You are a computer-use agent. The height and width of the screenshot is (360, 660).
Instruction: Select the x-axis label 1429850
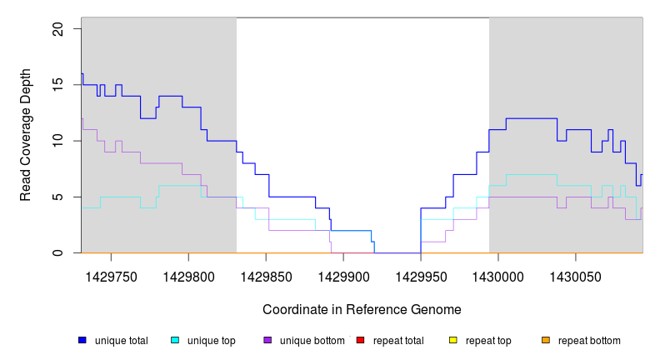[266, 274]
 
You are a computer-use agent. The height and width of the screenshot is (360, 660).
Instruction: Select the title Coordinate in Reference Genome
[362, 309]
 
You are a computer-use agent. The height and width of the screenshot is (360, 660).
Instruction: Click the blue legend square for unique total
[82, 340]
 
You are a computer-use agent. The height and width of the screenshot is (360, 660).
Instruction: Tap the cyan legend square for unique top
[175, 340]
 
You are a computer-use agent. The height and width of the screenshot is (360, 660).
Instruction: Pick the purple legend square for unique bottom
[267, 340]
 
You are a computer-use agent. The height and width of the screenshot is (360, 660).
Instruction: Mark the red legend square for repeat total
[360, 340]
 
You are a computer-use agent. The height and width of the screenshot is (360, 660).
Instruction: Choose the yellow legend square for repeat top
[452, 340]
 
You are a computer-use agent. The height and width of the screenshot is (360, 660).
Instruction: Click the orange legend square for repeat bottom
[545, 340]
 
